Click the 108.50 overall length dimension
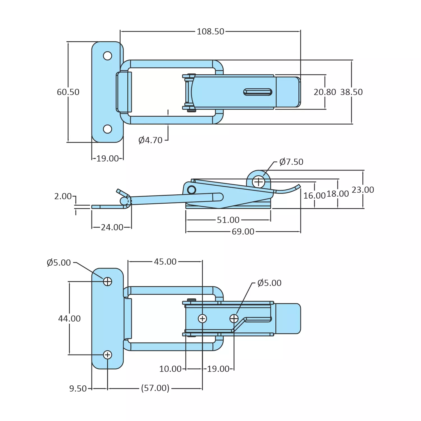click(x=210, y=31)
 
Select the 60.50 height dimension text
click(x=68, y=92)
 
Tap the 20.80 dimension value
click(x=325, y=92)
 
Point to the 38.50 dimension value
click(x=351, y=92)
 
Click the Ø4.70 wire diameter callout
click(x=150, y=140)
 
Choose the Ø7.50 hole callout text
click(x=291, y=162)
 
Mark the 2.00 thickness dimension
click(x=63, y=196)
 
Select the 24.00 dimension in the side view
click(x=112, y=227)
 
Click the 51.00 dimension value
click(x=228, y=220)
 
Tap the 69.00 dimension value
click(x=243, y=232)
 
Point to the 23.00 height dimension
click(x=363, y=190)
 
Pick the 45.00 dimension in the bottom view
click(x=165, y=262)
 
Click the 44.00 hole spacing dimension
click(x=69, y=319)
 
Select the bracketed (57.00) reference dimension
click(x=155, y=388)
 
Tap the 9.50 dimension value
click(x=78, y=389)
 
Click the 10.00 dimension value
click(x=170, y=369)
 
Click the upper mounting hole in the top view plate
click(x=107, y=56)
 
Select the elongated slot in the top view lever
click(x=257, y=92)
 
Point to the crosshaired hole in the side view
click(x=258, y=182)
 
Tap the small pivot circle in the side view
click(x=192, y=190)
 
